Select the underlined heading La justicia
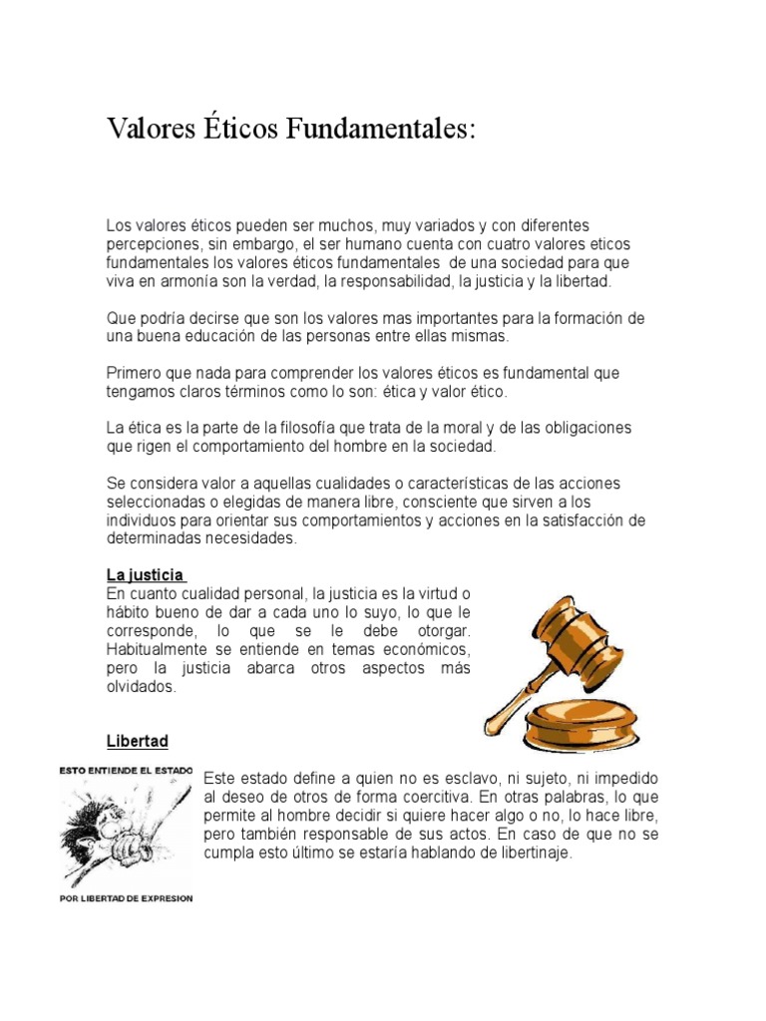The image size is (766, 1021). point(145,575)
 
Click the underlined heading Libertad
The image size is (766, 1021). point(138,741)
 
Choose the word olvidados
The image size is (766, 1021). point(141,687)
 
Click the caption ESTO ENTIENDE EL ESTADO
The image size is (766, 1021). point(128,770)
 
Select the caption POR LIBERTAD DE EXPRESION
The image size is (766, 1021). point(128,898)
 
